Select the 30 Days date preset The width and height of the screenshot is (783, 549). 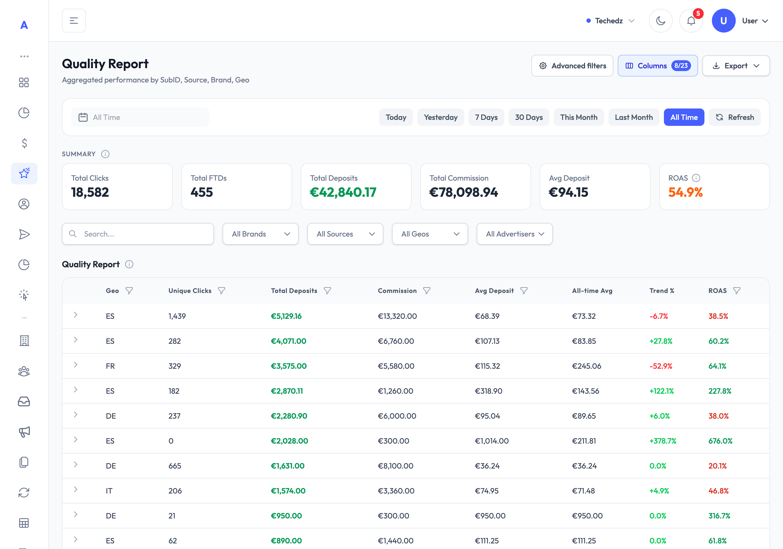pyautogui.click(x=529, y=117)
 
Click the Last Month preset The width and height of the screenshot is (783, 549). pyautogui.click(x=634, y=117)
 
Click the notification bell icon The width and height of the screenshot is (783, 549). pyautogui.click(x=691, y=21)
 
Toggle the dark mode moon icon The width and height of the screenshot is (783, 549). pyautogui.click(x=661, y=21)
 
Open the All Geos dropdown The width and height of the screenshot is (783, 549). pyautogui.click(x=430, y=234)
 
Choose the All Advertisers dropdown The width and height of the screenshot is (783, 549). pyautogui.click(x=514, y=234)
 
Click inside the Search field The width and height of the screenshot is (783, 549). pyautogui.click(x=138, y=234)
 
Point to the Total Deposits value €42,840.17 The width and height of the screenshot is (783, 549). pyautogui.click(x=343, y=192)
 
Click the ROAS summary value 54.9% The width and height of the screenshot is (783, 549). pyautogui.click(x=685, y=192)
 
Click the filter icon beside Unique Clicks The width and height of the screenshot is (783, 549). pyautogui.click(x=221, y=291)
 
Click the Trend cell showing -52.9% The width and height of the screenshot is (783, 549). pyautogui.click(x=661, y=366)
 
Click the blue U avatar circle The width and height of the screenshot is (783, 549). pyautogui.click(x=723, y=21)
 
